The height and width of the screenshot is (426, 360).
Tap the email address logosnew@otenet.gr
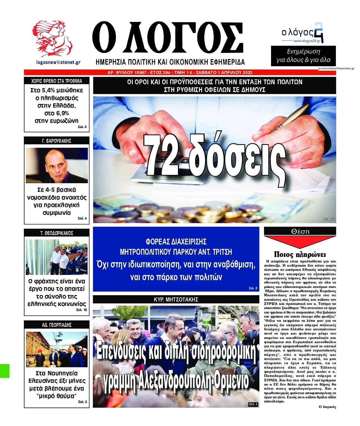(x=58, y=62)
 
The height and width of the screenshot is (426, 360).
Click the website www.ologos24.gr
(x=307, y=41)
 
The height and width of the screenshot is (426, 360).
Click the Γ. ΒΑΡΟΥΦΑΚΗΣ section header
(x=57, y=141)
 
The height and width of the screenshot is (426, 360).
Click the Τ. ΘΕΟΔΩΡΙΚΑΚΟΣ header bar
(x=57, y=233)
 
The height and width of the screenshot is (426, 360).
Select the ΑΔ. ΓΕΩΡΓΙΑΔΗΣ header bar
(x=57, y=325)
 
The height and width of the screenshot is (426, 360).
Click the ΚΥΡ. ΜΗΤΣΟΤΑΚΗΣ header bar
(x=176, y=300)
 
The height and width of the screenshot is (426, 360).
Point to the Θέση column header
(x=300, y=231)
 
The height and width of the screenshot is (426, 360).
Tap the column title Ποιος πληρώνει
(x=300, y=254)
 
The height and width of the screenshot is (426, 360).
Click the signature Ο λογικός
(x=327, y=407)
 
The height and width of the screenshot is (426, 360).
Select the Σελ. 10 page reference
(x=329, y=220)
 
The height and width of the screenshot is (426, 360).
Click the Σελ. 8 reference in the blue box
(x=253, y=288)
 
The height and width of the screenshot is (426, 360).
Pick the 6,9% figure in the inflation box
(x=57, y=113)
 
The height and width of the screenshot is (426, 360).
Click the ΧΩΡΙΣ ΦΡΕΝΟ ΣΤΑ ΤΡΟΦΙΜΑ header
(x=57, y=81)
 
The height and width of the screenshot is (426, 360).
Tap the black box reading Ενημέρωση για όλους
(x=303, y=56)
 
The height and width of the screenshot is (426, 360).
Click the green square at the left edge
(x=5, y=371)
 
